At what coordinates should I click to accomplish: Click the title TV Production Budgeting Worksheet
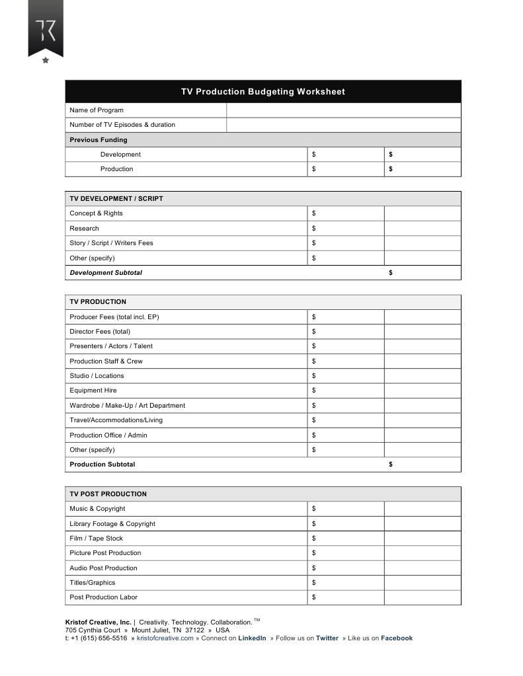[x=262, y=92]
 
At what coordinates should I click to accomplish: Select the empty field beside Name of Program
[x=343, y=110]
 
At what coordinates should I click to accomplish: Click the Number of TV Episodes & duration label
[x=122, y=125]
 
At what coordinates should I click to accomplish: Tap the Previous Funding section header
[x=99, y=140]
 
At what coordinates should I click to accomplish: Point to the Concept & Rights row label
[x=96, y=213]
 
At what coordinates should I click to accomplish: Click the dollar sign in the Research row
[x=313, y=229]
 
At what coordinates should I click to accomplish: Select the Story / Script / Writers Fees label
[x=111, y=243]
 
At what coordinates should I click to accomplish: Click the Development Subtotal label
[x=106, y=273]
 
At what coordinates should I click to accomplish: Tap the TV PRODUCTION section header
[x=98, y=302]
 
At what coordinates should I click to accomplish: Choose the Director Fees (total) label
[x=100, y=332]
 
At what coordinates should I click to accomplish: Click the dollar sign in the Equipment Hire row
[x=313, y=391]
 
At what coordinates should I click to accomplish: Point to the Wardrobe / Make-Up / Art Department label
[x=127, y=406]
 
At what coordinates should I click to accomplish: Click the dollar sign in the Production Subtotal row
[x=391, y=465]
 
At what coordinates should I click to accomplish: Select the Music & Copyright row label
[x=97, y=509]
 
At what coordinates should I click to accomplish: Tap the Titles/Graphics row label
[x=92, y=583]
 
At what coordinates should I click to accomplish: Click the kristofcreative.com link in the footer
[x=165, y=638]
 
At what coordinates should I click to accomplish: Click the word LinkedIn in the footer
[x=252, y=638]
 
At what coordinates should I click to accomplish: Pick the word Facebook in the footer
[x=397, y=638]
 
